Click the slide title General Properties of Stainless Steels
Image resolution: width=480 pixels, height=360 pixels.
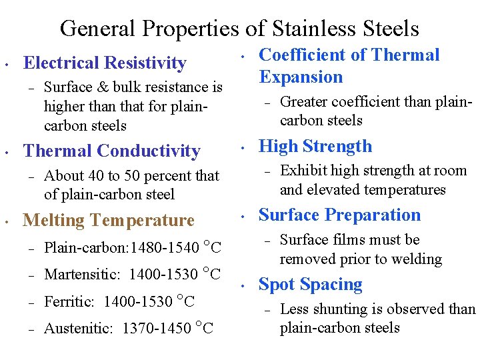click(239, 29)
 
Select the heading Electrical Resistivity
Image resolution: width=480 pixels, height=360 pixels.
click(105, 63)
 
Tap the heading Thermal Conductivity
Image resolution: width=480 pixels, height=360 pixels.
click(111, 151)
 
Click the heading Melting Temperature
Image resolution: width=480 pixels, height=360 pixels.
click(109, 220)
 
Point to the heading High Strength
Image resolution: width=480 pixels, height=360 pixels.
click(315, 147)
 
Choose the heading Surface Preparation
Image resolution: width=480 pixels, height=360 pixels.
click(339, 215)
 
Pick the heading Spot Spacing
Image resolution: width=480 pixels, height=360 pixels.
click(310, 285)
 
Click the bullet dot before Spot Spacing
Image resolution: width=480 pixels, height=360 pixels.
click(244, 286)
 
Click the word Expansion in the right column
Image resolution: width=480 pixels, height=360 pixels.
click(301, 77)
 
